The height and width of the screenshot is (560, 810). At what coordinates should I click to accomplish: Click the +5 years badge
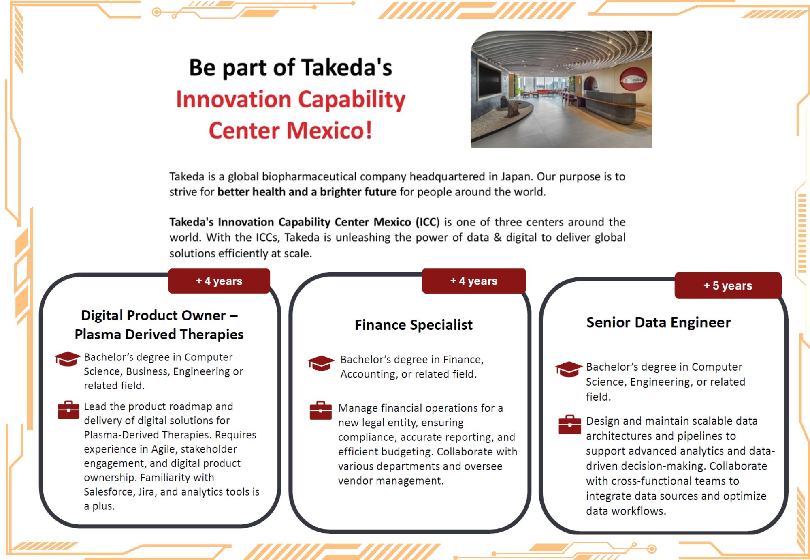point(728,285)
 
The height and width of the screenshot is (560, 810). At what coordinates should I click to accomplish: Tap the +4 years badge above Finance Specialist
point(473,281)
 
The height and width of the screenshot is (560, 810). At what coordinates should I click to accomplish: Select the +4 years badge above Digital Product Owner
point(219,281)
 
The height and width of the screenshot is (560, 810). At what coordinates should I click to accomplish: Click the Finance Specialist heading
point(413,325)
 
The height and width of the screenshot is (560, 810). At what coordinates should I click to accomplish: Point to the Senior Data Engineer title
point(658,322)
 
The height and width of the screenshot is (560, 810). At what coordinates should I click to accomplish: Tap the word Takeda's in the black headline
point(347,67)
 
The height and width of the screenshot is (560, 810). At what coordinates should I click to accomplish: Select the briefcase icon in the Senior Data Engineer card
point(569,425)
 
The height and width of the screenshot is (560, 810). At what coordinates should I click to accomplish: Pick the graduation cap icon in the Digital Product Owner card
point(67,358)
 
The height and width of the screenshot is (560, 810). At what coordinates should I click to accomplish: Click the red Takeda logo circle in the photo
point(633,79)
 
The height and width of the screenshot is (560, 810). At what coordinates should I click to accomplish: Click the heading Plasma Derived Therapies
point(159,334)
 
